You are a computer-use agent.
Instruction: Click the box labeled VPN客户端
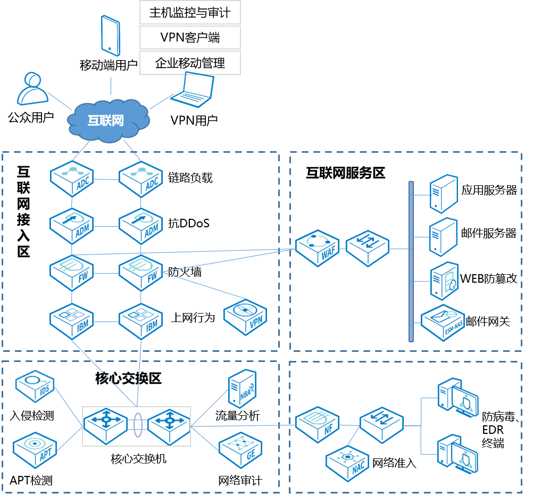click(190, 37)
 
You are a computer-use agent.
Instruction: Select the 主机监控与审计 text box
click(190, 12)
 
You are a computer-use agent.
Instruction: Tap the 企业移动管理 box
click(190, 63)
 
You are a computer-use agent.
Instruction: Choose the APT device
click(35, 450)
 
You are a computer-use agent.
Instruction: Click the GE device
click(241, 449)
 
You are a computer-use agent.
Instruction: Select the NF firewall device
click(318, 424)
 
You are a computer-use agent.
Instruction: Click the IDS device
click(35, 386)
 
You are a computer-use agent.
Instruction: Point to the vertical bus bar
click(411, 261)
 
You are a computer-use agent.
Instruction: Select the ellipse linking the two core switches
click(137, 426)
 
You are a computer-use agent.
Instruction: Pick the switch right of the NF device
click(381, 425)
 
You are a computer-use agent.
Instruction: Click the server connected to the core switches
click(242, 389)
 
